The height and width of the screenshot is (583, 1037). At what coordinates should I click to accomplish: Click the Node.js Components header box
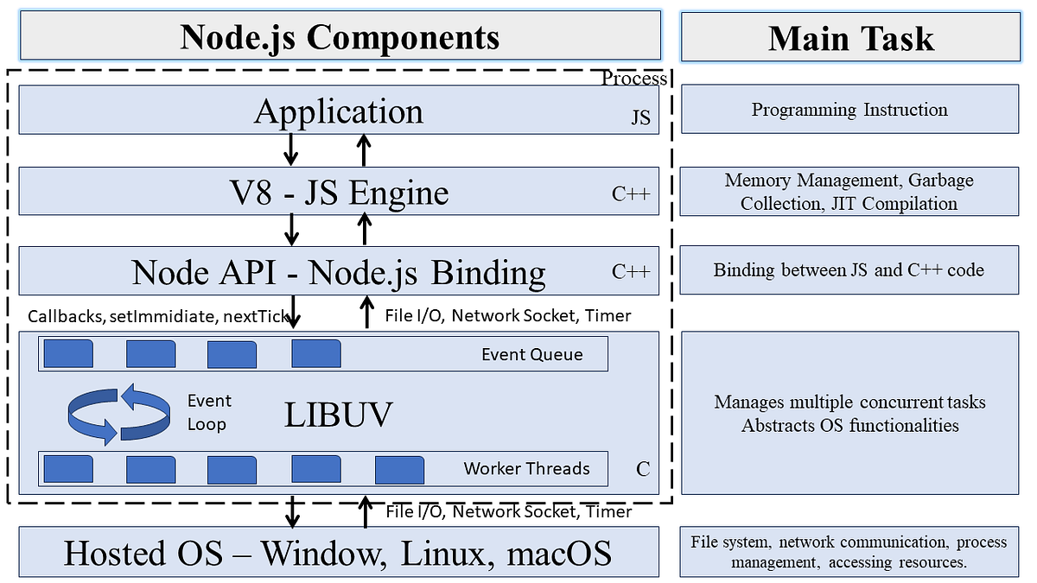point(340,36)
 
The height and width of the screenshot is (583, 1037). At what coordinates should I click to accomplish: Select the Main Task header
point(850,36)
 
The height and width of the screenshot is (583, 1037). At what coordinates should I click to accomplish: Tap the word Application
point(339,111)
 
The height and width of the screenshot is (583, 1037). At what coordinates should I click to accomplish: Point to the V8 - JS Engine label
point(334,192)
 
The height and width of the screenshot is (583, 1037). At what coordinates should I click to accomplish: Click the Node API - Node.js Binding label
point(339,272)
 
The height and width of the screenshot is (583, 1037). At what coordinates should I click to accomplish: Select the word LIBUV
point(339,415)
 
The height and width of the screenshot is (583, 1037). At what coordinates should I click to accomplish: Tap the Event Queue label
point(531,354)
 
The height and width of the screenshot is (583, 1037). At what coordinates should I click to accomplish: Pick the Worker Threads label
point(526,468)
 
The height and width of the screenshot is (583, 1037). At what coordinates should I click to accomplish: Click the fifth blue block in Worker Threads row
point(399,469)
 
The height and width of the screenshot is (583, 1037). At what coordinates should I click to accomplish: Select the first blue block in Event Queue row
point(68,354)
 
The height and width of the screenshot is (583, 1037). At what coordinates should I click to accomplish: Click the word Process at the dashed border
point(634,79)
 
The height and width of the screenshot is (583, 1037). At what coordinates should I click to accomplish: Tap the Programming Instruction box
point(849,110)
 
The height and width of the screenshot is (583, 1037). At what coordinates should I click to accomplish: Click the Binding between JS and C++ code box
point(849,269)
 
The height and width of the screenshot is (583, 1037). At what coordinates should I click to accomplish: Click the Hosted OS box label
point(338,552)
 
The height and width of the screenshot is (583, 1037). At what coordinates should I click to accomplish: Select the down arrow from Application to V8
point(291,150)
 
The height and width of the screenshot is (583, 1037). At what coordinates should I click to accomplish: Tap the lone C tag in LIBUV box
point(642,470)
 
